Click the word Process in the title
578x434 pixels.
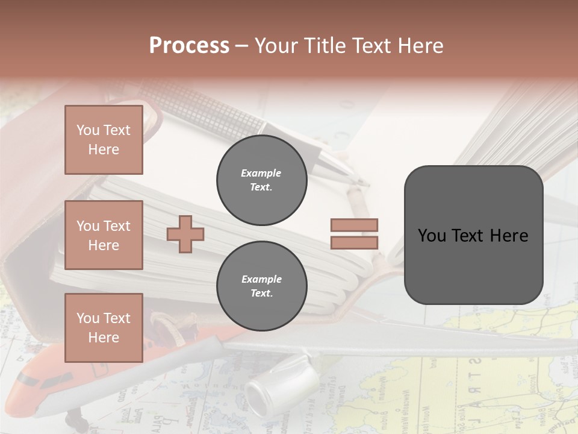click(189, 46)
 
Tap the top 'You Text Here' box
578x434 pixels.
click(104, 140)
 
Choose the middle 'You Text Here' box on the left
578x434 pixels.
click(104, 235)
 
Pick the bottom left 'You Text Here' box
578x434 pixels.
click(104, 328)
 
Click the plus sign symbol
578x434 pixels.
click(185, 234)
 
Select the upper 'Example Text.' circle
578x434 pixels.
click(261, 180)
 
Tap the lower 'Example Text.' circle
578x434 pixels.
click(261, 286)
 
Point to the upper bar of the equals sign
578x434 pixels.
click(354, 225)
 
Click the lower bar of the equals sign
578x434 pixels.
click(354, 242)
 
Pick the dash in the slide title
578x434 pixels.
click(242, 46)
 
